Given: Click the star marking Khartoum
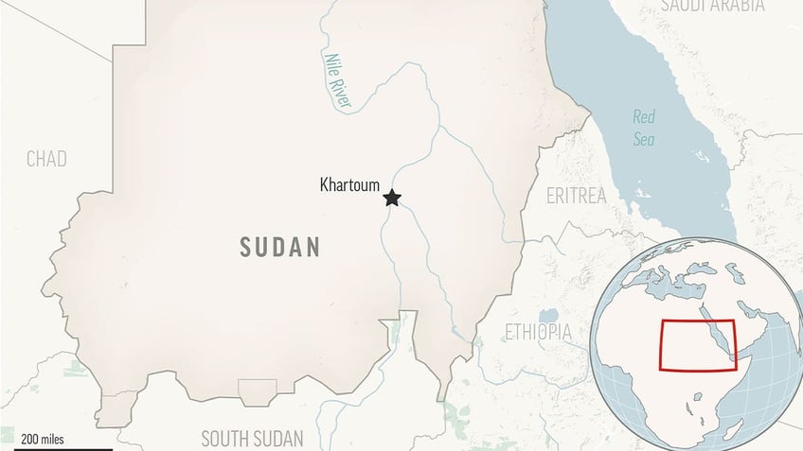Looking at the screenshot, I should (x=391, y=198).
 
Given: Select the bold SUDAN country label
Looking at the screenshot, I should (x=279, y=248).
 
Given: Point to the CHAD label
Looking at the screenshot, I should (x=46, y=159).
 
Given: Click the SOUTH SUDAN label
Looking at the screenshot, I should (x=252, y=438).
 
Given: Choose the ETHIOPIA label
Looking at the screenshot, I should (x=538, y=332).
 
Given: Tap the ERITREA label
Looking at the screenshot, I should (x=576, y=197).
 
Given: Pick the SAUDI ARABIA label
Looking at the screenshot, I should (x=713, y=6).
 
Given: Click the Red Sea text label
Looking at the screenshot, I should (x=644, y=128).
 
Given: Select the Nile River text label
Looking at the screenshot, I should (x=336, y=83).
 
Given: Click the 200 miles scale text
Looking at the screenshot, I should (x=43, y=439).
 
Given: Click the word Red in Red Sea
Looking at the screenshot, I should (x=644, y=117).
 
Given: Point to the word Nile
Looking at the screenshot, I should (x=330, y=67).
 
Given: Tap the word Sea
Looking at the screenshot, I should (x=644, y=139).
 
